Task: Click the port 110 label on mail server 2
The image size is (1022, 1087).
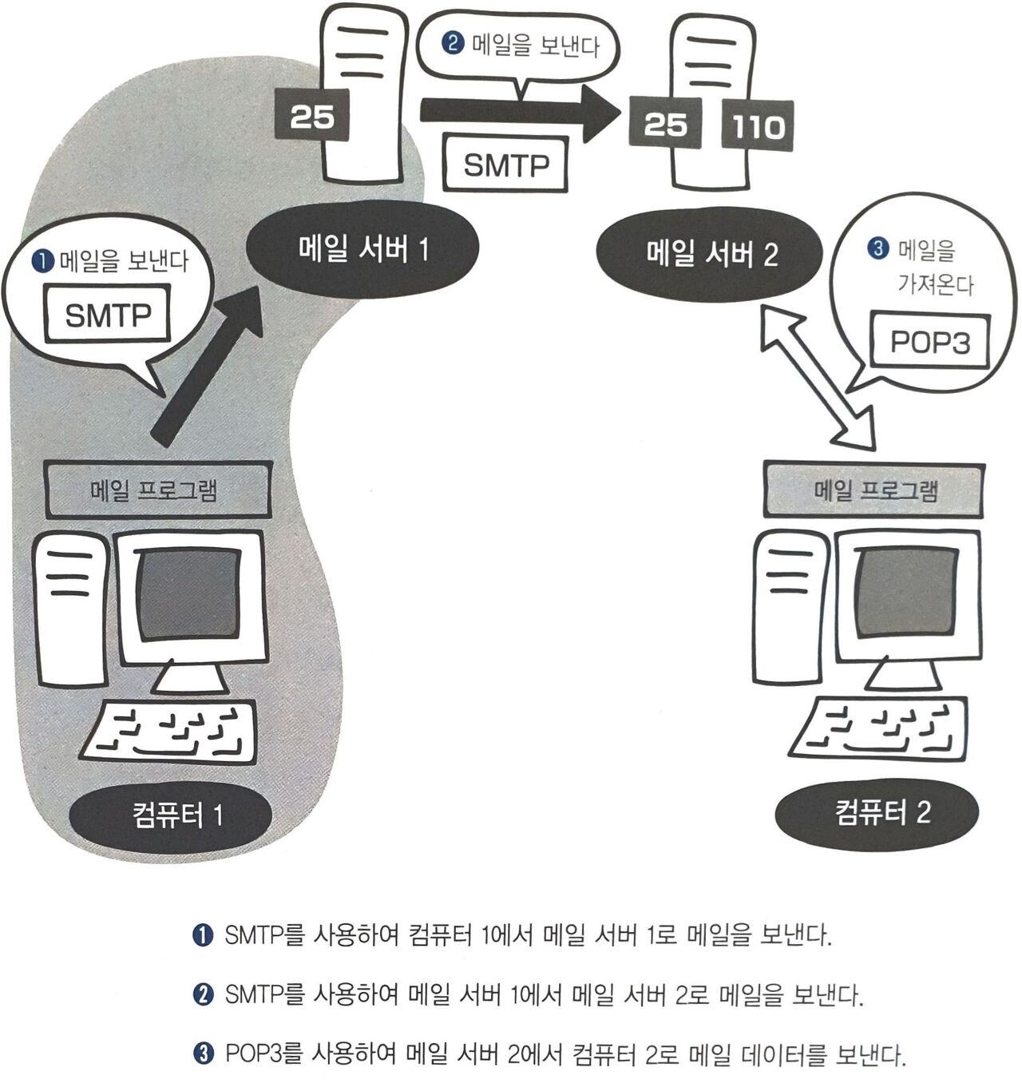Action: click(757, 126)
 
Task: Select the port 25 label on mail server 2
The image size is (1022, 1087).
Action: click(665, 124)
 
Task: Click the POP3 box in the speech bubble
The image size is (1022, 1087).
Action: click(929, 343)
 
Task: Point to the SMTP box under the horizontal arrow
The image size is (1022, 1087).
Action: click(506, 165)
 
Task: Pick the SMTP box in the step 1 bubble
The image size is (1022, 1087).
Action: click(108, 315)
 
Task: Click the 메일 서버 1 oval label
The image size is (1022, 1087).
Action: click(363, 249)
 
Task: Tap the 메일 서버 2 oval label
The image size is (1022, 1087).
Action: click(710, 254)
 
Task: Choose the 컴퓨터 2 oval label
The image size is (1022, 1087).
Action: click(877, 812)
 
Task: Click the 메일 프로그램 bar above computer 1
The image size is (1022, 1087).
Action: click(158, 489)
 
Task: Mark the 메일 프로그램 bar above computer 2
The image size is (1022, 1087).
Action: click(874, 490)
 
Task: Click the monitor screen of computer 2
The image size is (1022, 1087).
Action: click(906, 592)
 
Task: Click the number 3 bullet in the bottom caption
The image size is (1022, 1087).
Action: click(204, 1055)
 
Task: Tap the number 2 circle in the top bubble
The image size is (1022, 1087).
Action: click(454, 42)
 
